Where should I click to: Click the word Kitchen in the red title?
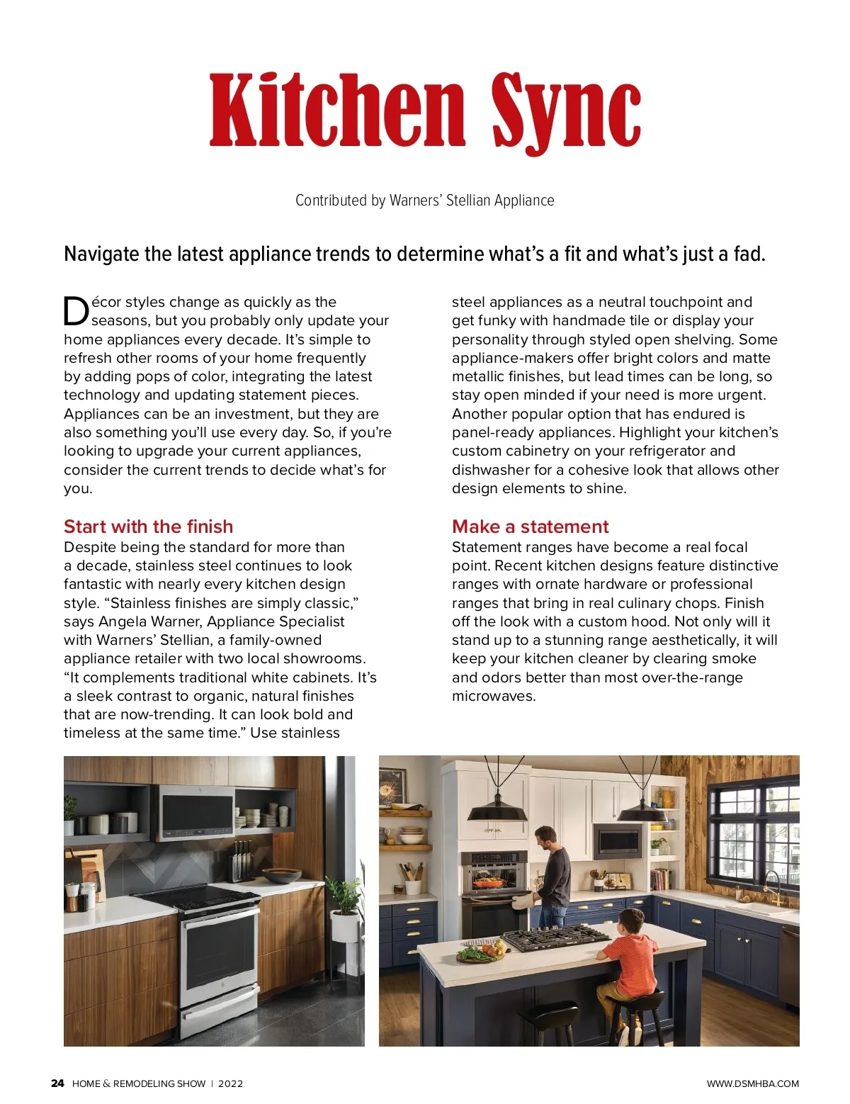coord(337,111)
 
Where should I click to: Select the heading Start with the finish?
coord(148,526)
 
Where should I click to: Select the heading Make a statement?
coord(530,526)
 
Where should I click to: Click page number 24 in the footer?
coord(57,1083)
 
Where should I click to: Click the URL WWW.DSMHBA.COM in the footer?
coord(752,1083)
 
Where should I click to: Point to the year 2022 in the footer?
coord(230,1083)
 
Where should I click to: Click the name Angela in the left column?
coord(125,621)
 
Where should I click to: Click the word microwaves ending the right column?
coord(494,696)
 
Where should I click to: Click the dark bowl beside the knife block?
coord(281,875)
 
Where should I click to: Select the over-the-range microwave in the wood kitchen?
coord(195,811)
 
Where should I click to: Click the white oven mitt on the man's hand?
coord(522,901)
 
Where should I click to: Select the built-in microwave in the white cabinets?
coord(618,841)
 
